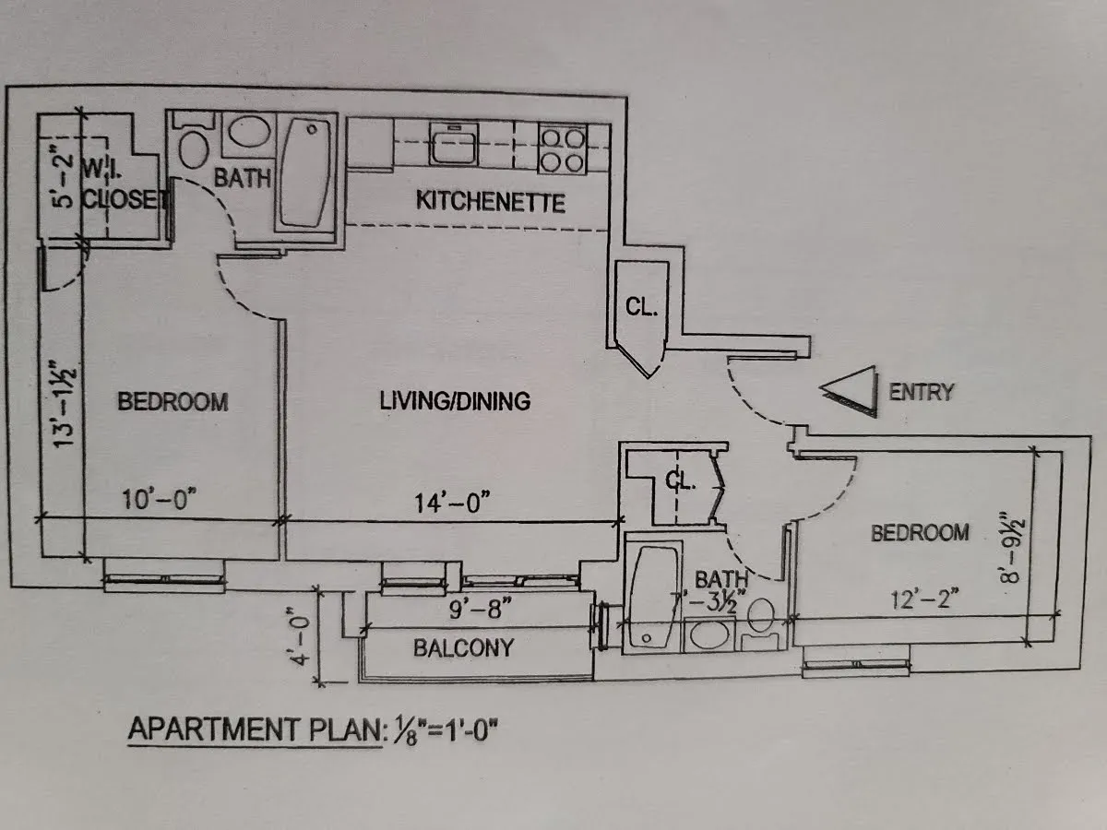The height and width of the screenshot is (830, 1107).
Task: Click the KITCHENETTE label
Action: click(490, 200)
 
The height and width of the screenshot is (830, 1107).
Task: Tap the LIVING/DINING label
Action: click(456, 401)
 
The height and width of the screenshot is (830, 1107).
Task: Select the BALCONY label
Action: click(463, 647)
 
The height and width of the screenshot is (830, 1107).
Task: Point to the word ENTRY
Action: click(920, 392)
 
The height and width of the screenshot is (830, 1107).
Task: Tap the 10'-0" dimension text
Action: click(160, 500)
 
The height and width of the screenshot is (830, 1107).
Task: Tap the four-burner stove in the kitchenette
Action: click(563, 149)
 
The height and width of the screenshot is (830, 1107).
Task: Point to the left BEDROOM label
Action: click(173, 402)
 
